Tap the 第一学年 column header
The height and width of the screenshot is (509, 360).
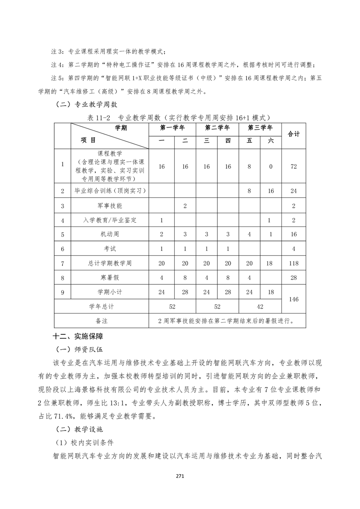[172, 127]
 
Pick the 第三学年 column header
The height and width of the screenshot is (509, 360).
[260, 127]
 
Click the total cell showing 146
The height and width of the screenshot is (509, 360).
[294, 299]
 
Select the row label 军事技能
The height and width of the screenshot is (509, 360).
[109, 206]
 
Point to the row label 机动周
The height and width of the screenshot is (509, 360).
[109, 235]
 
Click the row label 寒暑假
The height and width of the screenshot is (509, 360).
[109, 277]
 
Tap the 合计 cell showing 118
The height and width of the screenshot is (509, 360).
[294, 263]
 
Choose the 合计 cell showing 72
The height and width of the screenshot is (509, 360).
[294, 166]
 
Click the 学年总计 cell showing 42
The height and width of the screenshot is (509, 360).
[260, 307]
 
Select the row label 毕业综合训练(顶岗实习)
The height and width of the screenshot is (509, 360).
[109, 191]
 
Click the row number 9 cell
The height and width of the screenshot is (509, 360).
[62, 292]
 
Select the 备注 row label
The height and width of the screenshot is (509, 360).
[102, 321]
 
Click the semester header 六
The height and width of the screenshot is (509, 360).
[271, 141]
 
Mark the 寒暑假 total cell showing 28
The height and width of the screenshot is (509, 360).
[294, 277]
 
